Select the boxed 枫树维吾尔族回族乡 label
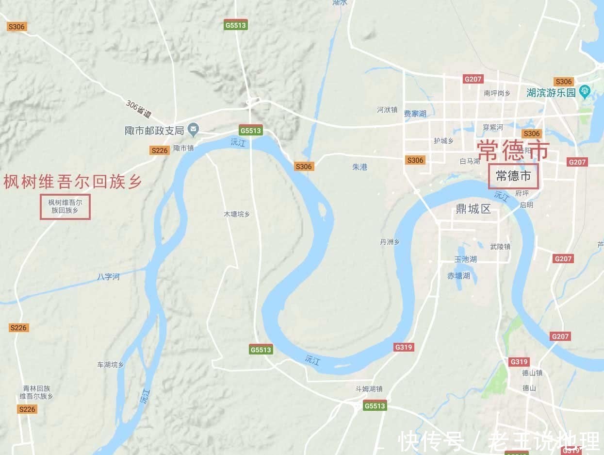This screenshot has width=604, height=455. coord(65,206)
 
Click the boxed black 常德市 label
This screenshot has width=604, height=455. coord(514,176)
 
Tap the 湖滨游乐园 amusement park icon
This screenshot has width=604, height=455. coord(585,91)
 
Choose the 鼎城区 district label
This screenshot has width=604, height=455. coord(473,209)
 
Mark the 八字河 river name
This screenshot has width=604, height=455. coord(108,277)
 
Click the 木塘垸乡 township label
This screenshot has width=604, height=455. coord(236,214)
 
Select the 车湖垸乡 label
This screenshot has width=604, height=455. coord(111,365)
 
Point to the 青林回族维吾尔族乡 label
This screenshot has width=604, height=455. coord(36,392)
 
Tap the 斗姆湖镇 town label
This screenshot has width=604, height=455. coord(369,388)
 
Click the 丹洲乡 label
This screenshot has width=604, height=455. coord(390,242)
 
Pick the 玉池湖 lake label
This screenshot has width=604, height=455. coord(465,259)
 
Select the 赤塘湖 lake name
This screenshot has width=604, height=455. coord(458,276)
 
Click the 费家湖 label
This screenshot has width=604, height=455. coord(415,113)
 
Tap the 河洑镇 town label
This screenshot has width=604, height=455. coord(387,110)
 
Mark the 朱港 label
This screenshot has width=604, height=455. coord(359,167)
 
